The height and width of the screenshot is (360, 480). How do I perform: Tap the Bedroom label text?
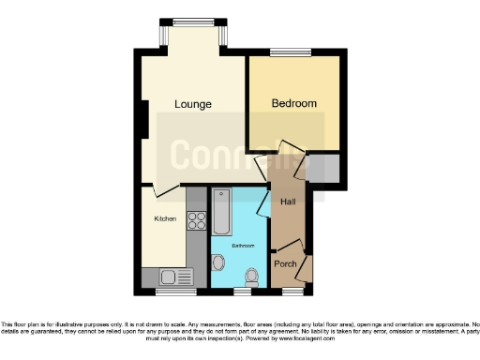[293, 103]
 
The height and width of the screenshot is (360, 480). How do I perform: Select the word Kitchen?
[165, 218]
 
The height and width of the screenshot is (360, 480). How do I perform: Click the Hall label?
[289, 200]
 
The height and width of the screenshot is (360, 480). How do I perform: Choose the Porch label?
[285, 263]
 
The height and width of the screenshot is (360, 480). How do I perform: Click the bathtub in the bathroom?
[221, 212]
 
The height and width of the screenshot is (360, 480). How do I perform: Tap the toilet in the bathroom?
[250, 276]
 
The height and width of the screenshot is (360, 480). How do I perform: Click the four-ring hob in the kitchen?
[198, 221]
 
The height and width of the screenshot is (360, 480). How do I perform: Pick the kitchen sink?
[169, 277]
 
